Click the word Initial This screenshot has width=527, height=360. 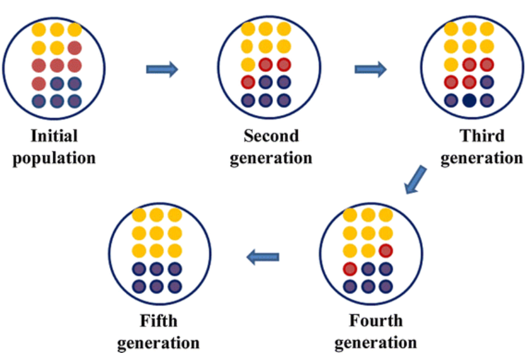coord(54,135)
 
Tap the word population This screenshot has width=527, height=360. coord(54,158)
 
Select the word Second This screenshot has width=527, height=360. coord(271,135)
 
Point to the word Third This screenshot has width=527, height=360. coord(482,135)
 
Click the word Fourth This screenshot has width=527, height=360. coord(376,320)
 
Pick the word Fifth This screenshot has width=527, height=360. coord(159,320)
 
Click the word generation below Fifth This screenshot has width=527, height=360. coord(158,343)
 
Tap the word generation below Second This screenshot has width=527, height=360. coord(271,158)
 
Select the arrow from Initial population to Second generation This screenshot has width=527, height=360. coord(162,69)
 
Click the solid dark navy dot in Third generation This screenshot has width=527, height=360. coord(470,101)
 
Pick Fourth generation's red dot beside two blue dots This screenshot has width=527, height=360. coord(350,268)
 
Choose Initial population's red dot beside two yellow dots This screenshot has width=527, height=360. coord(75,47)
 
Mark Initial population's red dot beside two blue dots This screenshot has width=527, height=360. coord(39,83)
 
